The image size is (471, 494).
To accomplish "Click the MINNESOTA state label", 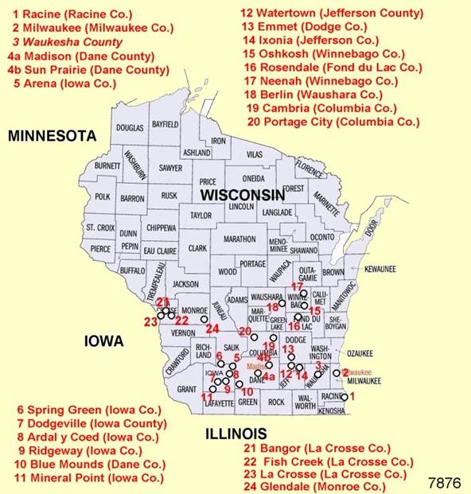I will [52, 137].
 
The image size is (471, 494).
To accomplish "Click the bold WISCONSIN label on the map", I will [242, 195].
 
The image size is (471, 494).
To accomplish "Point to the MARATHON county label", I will [239, 239].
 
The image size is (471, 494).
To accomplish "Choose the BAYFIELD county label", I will [165, 125].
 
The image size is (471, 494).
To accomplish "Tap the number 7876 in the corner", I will [445, 483].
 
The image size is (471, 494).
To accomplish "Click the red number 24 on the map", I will [212, 328].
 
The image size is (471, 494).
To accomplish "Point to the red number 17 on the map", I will [298, 286].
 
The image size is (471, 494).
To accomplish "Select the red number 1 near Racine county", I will [352, 395].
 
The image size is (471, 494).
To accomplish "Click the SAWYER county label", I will [170, 168].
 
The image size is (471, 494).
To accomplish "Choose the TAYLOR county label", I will [200, 216].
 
